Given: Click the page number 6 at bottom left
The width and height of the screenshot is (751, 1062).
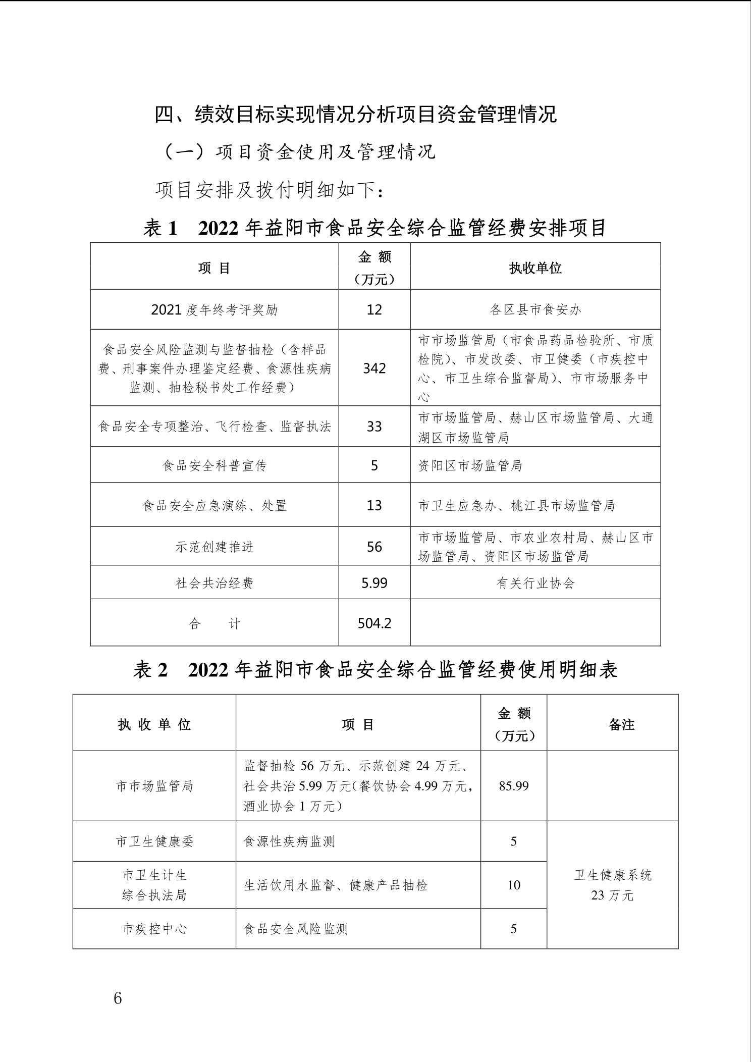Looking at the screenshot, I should (x=118, y=998).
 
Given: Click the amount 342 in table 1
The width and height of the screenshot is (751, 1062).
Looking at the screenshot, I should (x=374, y=368).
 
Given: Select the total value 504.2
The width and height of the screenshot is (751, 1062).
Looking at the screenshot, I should (x=374, y=623).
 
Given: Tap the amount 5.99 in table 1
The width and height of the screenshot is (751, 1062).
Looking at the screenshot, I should (x=374, y=583).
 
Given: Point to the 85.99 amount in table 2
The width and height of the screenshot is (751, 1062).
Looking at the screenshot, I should (x=513, y=785).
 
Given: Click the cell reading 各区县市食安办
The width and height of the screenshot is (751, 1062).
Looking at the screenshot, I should (x=535, y=309).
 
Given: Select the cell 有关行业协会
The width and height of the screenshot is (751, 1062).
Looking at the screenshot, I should (x=535, y=583).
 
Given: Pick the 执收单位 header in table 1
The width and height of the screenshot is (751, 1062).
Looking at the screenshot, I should (x=535, y=268).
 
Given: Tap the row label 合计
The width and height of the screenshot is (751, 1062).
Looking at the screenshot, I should (x=214, y=623).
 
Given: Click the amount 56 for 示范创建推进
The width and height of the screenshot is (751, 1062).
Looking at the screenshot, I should (x=374, y=547).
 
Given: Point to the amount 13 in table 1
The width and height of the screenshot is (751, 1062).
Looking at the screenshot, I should (x=374, y=505).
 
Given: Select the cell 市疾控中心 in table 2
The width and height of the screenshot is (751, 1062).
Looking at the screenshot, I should (x=154, y=929).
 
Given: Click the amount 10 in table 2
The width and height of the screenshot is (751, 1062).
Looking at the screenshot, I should (x=513, y=885).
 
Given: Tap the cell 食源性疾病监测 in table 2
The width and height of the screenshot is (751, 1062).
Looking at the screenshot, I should (x=289, y=841).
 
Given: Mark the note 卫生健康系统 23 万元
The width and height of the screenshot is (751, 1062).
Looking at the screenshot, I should (x=612, y=885).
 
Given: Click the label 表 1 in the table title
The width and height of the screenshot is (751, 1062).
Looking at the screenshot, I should (x=160, y=228).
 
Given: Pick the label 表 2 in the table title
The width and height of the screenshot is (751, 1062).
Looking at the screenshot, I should (x=150, y=670).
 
